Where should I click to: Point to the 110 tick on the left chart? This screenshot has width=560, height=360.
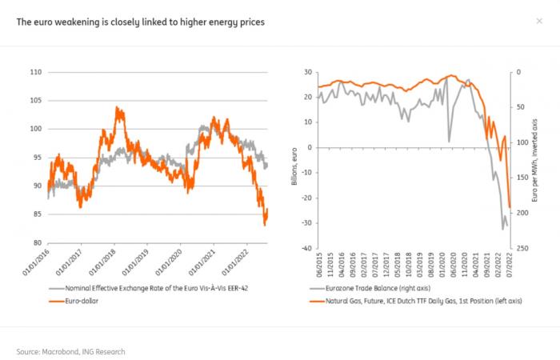[x=35, y=72]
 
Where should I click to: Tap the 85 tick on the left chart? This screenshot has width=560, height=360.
[x=35, y=214]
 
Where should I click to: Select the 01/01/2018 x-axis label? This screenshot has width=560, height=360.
[x=112, y=264]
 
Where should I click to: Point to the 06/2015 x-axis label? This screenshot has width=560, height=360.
[x=310, y=266]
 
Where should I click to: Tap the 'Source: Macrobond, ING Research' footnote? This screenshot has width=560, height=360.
[x=70, y=351]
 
